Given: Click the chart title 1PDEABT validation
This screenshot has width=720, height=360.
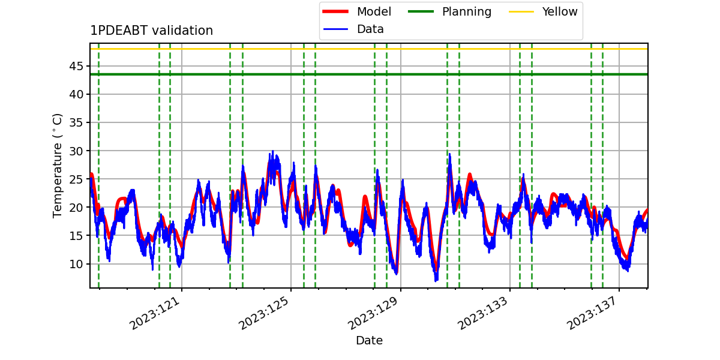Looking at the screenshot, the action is click(151, 31).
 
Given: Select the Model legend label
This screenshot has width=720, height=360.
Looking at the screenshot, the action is click(374, 11).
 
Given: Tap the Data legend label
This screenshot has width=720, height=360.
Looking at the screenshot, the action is click(370, 29).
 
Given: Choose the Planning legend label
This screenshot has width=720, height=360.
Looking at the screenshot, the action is click(467, 11).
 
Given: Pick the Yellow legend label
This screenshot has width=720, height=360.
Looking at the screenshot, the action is click(560, 11).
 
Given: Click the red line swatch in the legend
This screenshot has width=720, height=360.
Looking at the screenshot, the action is click(335, 11).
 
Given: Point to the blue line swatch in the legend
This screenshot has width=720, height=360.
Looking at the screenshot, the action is click(335, 29).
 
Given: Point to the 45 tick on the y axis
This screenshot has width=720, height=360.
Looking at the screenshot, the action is click(76, 66).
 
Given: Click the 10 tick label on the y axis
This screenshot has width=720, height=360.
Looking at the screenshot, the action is click(76, 264).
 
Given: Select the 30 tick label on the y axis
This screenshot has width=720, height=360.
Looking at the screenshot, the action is click(76, 151).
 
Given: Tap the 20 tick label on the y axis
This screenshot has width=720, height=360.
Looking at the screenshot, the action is click(76, 208).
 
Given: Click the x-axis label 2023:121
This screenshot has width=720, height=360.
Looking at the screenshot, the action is click(154, 313).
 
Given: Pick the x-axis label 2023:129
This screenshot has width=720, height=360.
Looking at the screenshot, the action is click(373, 313).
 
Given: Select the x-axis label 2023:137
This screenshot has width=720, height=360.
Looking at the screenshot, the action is click(592, 313).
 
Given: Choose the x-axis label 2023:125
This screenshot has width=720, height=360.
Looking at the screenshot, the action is click(263, 313).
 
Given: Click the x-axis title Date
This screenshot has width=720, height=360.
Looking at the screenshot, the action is click(370, 340).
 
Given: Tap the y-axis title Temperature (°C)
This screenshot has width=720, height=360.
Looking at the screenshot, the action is click(57, 166).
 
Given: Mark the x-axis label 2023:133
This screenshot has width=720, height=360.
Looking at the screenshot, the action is click(482, 313).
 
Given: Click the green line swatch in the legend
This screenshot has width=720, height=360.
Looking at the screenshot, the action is click(421, 11).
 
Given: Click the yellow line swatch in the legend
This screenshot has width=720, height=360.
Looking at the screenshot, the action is click(521, 11).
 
